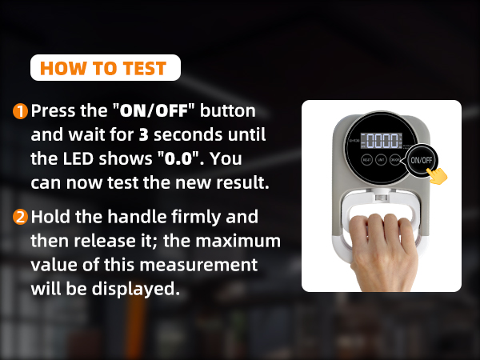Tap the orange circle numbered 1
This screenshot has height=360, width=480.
pos(20,111)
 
